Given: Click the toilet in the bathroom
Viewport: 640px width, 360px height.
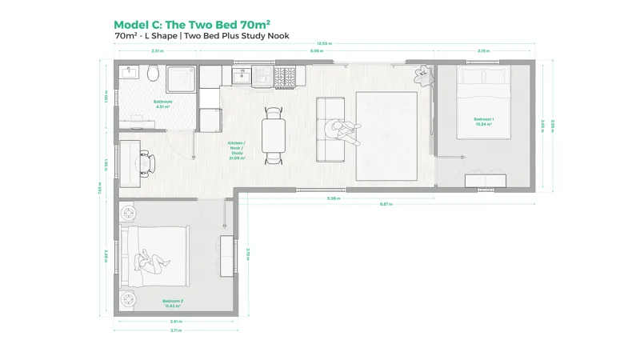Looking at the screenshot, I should (153, 74).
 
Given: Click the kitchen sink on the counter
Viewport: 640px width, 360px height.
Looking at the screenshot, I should (241, 77).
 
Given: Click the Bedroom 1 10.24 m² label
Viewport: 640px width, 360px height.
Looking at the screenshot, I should (483, 122).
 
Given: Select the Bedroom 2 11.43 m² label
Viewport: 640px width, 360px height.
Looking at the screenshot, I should (171, 303).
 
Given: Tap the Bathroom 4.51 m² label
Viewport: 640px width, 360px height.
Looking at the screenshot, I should (163, 103).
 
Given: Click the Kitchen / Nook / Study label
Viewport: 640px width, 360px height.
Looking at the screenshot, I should (236, 150).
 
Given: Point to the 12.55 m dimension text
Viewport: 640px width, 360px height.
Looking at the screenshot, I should (323, 42).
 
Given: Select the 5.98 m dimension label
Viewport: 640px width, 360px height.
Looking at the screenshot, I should (334, 198).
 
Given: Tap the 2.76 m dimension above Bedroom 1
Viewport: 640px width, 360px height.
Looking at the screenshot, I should (483, 50).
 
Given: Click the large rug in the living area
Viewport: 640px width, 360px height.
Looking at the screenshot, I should (386, 136).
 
